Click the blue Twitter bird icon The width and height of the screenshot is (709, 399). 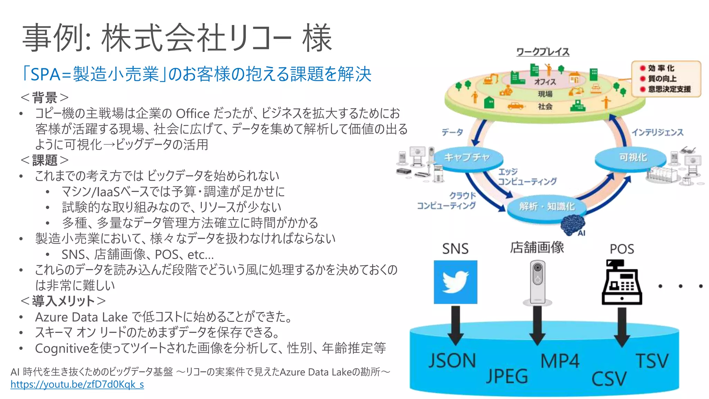[x=455, y=282]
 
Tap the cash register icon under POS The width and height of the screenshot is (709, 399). [x=622, y=283]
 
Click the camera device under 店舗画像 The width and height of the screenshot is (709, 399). [x=537, y=283]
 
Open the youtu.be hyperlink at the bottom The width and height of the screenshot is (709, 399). [x=77, y=384]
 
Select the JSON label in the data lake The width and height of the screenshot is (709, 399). [x=452, y=361]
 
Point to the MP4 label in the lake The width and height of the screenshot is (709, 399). [x=559, y=361]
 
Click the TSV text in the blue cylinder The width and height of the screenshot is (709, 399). [x=652, y=361]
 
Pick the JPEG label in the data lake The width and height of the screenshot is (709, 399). [x=506, y=376]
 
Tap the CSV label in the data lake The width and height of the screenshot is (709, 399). [x=609, y=379]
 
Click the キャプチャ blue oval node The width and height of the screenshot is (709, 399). [x=467, y=158]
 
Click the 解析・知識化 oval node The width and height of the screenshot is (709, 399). [x=546, y=207]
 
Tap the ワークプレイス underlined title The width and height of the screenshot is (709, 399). [x=542, y=52]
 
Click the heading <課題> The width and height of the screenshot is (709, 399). [x=45, y=160]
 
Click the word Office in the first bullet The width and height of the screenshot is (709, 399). [x=192, y=114]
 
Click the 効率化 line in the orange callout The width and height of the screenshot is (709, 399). [x=661, y=68]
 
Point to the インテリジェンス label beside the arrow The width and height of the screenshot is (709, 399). [x=657, y=132]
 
